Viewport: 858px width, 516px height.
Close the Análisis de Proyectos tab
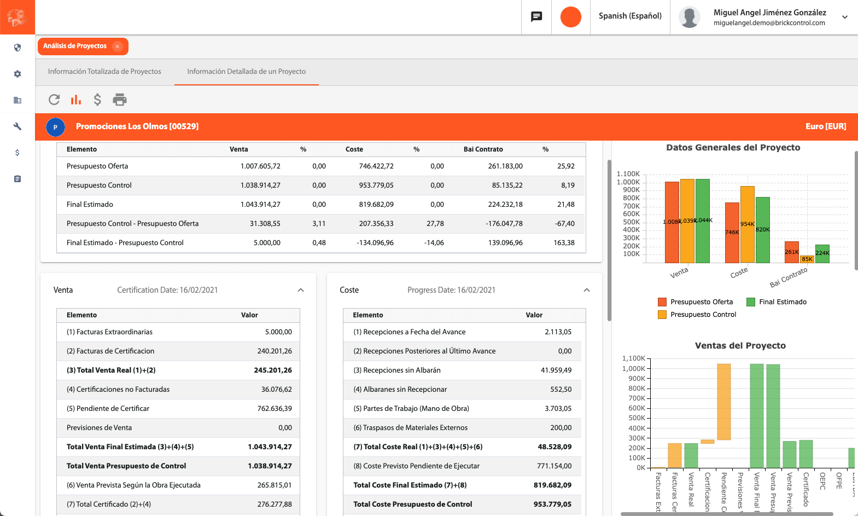pyautogui.click(x=117, y=47)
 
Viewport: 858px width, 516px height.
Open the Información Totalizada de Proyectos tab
pyautogui.click(x=104, y=72)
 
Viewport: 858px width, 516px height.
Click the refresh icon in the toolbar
pyautogui.click(x=54, y=100)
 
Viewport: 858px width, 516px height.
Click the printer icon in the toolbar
pyautogui.click(x=119, y=100)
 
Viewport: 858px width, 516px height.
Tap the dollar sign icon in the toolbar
pyautogui.click(x=97, y=100)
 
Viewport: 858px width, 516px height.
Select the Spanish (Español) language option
pyautogui.click(x=630, y=16)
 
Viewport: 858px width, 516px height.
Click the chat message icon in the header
pyautogui.click(x=536, y=16)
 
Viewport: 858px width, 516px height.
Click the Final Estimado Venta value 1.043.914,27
pyautogui.click(x=260, y=205)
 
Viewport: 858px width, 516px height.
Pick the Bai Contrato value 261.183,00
pyautogui.click(x=505, y=166)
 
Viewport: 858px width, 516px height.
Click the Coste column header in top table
pyautogui.click(x=354, y=149)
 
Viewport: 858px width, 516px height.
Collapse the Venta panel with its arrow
pyautogui.click(x=301, y=290)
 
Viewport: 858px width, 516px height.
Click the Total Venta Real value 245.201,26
pyautogui.click(x=272, y=370)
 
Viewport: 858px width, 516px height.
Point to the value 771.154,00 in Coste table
pyautogui.click(x=554, y=466)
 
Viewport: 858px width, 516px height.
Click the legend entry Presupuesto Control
pyautogui.click(x=703, y=315)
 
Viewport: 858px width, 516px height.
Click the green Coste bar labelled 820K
pyautogui.click(x=762, y=230)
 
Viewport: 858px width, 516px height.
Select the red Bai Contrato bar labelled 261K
pyautogui.click(x=791, y=252)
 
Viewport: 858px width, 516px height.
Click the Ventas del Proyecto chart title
pyautogui.click(x=740, y=346)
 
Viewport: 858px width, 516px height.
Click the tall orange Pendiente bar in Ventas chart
pyautogui.click(x=723, y=402)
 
